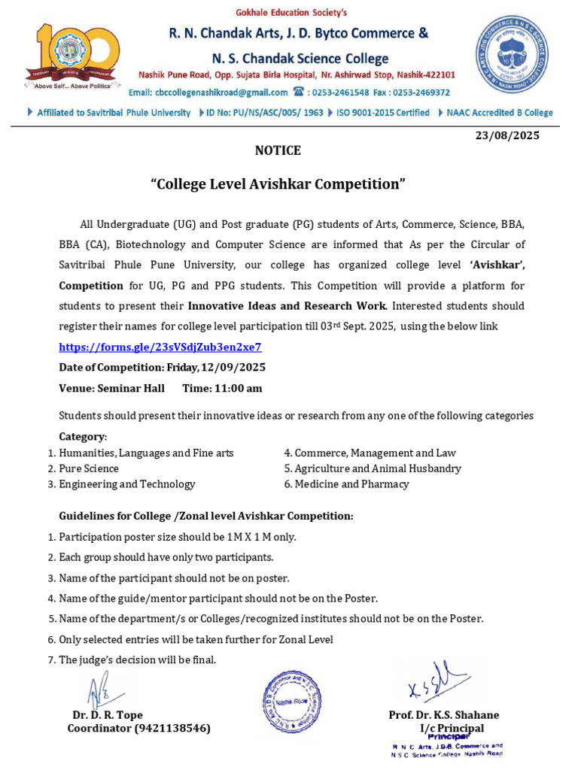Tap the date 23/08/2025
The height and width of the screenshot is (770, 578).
coord(507,135)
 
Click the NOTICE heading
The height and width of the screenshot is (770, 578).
coord(278,150)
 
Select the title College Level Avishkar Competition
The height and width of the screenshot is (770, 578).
coord(278,184)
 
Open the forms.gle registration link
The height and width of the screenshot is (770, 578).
coord(160,347)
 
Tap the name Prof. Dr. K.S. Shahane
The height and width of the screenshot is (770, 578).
coord(443,715)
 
